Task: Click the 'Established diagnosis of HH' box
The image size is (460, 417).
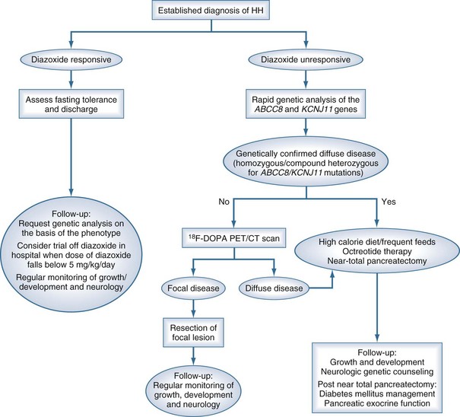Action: [x=230, y=11]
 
